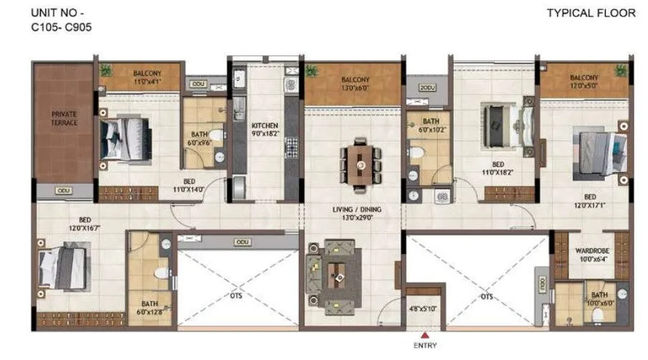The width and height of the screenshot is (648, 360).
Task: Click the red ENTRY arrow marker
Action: [425, 335]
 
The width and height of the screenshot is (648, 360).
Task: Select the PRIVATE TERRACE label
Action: [64, 118]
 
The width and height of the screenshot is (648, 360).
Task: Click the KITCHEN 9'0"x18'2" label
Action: [265, 129]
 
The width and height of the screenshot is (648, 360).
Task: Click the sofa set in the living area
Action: [333, 273]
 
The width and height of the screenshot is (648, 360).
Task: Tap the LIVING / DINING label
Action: [351, 212]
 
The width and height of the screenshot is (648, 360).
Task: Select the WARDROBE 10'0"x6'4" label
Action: [592, 255]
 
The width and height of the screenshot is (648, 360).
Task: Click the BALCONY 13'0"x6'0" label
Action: [355, 83]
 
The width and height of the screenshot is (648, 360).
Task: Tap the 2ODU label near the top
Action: [428, 87]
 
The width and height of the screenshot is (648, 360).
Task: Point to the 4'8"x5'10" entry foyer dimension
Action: [423, 308]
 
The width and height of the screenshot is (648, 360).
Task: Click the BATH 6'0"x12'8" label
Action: [150, 307]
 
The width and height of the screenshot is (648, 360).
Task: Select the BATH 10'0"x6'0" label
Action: [599, 299]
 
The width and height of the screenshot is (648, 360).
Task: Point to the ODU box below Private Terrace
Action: [64, 191]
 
